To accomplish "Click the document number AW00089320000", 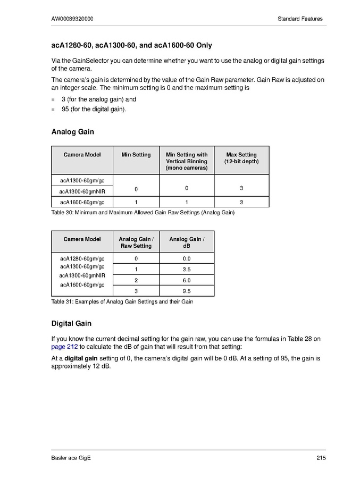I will [72, 19].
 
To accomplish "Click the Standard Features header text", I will [300, 19].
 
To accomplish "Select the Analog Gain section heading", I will [72, 131].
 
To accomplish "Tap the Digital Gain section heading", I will [71, 323].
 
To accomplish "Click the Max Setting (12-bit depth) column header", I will [241, 158].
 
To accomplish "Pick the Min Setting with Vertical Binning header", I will [187, 161].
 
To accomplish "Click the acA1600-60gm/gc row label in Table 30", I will [82, 202].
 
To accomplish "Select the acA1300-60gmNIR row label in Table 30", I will [82, 191].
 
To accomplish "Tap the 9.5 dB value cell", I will [187, 291].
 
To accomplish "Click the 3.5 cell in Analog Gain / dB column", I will [187, 270].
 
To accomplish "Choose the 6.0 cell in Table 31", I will [187, 280].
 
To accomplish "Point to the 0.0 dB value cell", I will [187, 259].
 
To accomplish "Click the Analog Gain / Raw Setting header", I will [136, 242].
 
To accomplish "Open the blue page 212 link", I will [64, 347].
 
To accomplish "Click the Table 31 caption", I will [122, 302].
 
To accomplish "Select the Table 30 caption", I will [143, 213].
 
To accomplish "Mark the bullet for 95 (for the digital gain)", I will [53, 110].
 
